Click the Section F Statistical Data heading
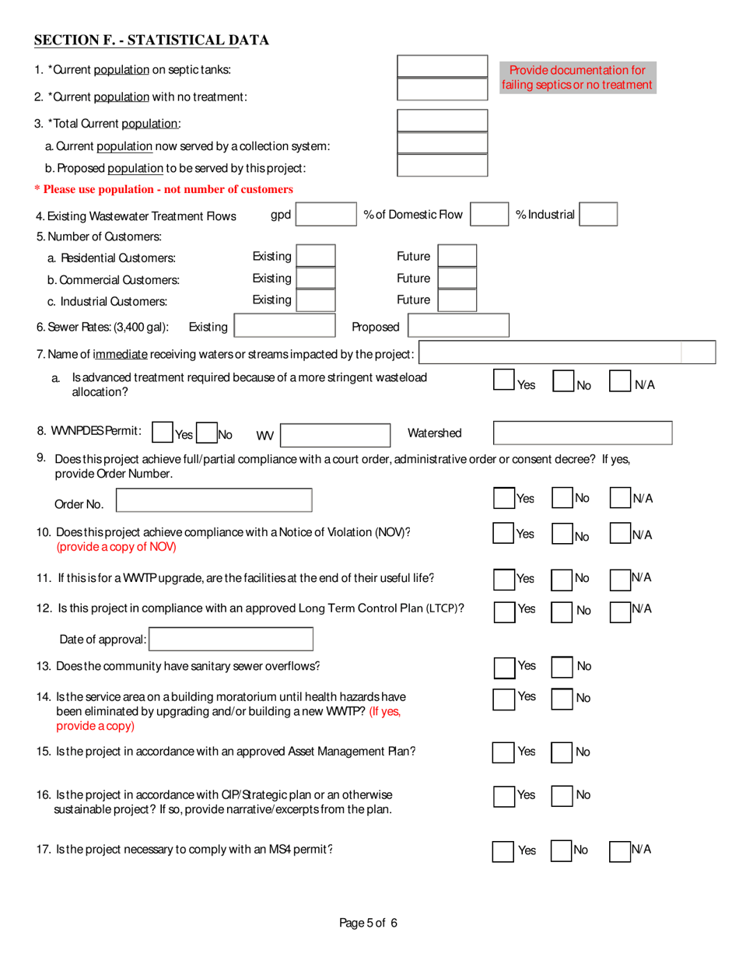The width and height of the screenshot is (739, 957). point(152,40)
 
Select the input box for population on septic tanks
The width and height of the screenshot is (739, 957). point(442,66)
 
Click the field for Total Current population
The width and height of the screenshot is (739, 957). point(442,121)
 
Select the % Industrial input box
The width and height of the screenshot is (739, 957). point(598,215)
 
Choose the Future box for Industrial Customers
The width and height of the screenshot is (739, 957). point(457,300)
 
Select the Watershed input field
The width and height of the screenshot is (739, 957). point(583,433)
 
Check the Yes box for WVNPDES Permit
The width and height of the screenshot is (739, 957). point(163,433)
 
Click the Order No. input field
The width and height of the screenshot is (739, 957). point(214,500)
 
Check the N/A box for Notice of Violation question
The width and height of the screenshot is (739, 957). point(619,535)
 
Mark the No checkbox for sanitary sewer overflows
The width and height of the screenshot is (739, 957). point(562,667)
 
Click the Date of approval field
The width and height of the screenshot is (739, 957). point(231,640)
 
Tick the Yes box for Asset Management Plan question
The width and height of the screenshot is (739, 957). point(503,752)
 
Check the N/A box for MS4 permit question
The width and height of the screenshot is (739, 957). point(619,850)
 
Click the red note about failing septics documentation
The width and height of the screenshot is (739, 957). point(577,77)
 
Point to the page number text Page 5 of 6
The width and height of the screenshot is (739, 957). point(369,924)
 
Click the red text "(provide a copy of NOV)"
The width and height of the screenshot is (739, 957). point(117,547)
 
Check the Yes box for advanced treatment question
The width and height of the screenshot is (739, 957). point(504,380)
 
